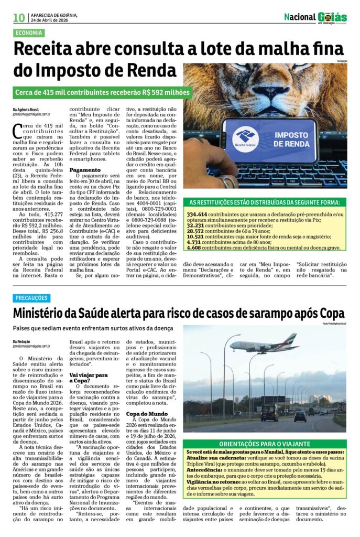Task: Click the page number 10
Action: click(19, 17)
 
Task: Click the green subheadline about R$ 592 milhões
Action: click(102, 93)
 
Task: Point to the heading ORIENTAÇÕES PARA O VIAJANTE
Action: click(265, 443)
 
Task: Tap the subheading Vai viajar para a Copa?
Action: click(89, 378)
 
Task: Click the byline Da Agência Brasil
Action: click(26, 109)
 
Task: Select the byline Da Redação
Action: click(23, 341)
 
